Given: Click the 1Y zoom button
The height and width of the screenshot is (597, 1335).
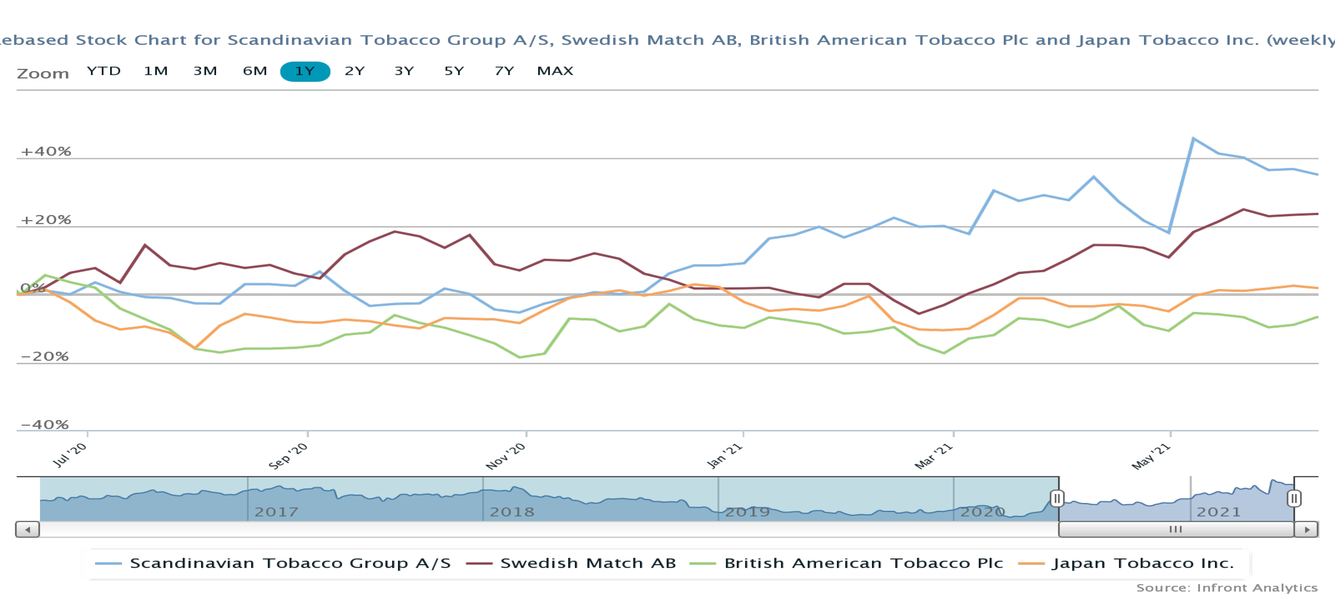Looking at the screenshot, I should pyautogui.click(x=305, y=71).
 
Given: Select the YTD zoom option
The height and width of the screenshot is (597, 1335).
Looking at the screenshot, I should pyautogui.click(x=104, y=71).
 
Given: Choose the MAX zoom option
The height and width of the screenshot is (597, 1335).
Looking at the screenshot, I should pyautogui.click(x=554, y=71).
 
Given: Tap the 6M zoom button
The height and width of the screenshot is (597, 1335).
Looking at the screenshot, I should pyautogui.click(x=255, y=71).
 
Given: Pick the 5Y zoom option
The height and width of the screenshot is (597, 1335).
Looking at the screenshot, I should pyautogui.click(x=454, y=71).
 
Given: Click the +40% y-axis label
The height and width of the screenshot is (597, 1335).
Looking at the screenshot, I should pyautogui.click(x=46, y=151).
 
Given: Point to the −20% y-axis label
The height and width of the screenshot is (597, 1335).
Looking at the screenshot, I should pyautogui.click(x=45, y=356).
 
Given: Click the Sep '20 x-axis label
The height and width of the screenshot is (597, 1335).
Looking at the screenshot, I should pyautogui.click(x=289, y=456).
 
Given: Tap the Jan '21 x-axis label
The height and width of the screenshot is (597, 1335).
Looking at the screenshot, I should pyautogui.click(x=724, y=456).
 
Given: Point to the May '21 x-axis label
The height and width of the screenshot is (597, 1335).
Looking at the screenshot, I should pyautogui.click(x=1151, y=456).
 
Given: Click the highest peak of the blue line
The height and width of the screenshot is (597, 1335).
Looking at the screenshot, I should pyautogui.click(x=1193, y=138).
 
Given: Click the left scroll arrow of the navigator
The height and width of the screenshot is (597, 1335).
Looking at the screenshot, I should pyautogui.click(x=28, y=529).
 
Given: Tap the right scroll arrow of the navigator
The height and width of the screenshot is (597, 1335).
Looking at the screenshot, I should pyautogui.click(x=1306, y=529).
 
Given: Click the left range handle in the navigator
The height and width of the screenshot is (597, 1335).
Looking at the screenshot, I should pyautogui.click(x=1057, y=499).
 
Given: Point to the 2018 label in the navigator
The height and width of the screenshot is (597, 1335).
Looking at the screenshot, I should pyautogui.click(x=512, y=512).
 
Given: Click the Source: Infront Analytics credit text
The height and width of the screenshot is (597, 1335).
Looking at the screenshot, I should pyautogui.click(x=1227, y=588).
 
